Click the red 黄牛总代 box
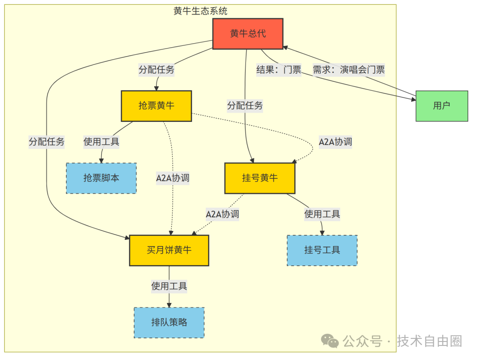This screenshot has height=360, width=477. pyautogui.click(x=248, y=34)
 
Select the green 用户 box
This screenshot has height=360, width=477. pyautogui.click(x=441, y=106)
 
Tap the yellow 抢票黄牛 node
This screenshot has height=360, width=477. pyautogui.click(x=156, y=106)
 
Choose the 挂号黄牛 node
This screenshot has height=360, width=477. pyautogui.click(x=260, y=178)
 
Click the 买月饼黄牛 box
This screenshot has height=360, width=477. pyautogui.click(x=169, y=250)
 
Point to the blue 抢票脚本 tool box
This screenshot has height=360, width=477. pyautogui.click(x=101, y=178)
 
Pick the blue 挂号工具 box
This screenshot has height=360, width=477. pyautogui.click(x=322, y=250)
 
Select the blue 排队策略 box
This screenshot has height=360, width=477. pyautogui.click(x=169, y=322)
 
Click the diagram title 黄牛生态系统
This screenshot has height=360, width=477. pyautogui.click(x=201, y=11)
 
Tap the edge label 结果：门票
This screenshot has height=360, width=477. pyautogui.click(x=279, y=69)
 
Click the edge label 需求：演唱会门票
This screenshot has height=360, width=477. pyautogui.click(x=348, y=69)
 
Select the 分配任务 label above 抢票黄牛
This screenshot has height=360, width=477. pyautogui.click(x=156, y=69)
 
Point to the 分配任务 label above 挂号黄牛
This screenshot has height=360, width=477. pyautogui.click(x=245, y=106)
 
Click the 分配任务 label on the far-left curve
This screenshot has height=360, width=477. pyautogui.click(x=46, y=142)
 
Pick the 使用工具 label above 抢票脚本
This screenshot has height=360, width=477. pyautogui.click(x=101, y=142)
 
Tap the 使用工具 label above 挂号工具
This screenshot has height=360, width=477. pyautogui.click(x=322, y=214)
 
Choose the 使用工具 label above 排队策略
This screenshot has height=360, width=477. pyautogui.click(x=169, y=286)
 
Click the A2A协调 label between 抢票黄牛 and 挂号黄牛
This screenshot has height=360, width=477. pyautogui.click(x=335, y=142)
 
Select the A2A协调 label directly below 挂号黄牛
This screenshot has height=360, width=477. pyautogui.click(x=222, y=214)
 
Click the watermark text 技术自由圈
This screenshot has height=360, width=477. pyautogui.click(x=429, y=341)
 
